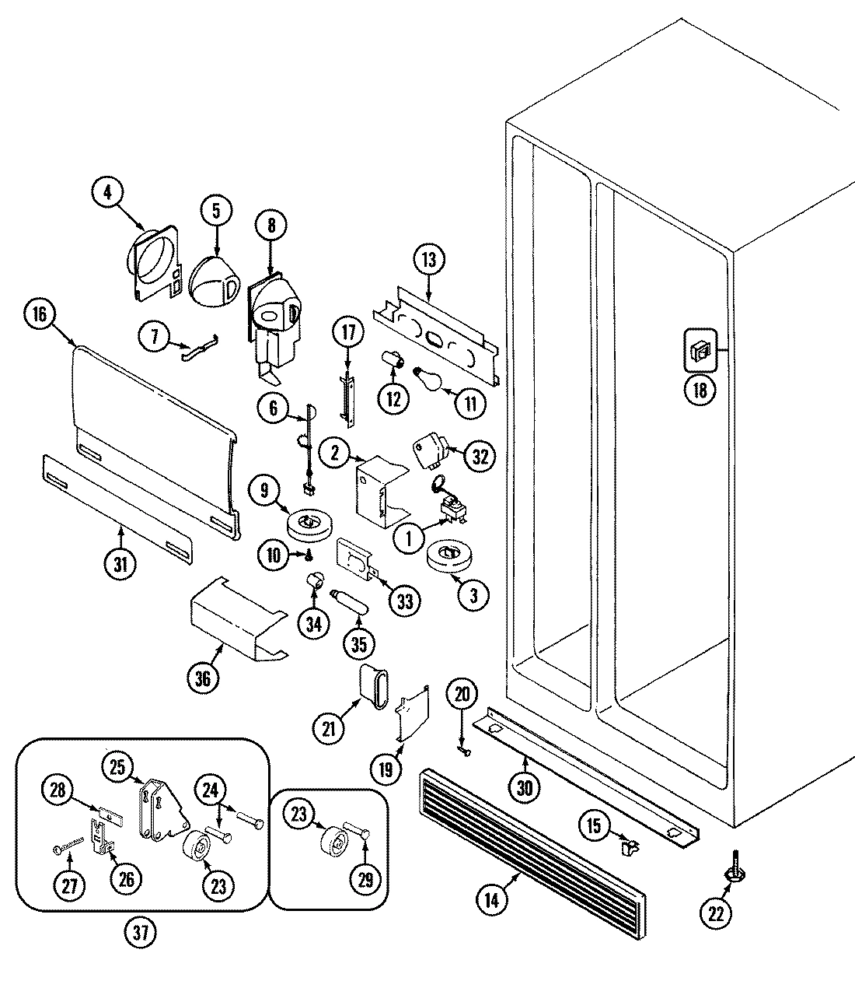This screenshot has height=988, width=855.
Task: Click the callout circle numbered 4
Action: [x=108, y=192]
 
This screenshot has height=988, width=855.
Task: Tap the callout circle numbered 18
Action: [x=700, y=391]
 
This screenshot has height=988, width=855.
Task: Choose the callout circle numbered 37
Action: [x=144, y=931]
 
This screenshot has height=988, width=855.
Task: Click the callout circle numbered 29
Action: [x=365, y=879]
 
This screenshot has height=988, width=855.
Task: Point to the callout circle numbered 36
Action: [x=204, y=678]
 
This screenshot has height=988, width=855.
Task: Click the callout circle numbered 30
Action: [x=525, y=787]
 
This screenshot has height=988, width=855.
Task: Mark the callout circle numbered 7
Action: [x=154, y=336]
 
